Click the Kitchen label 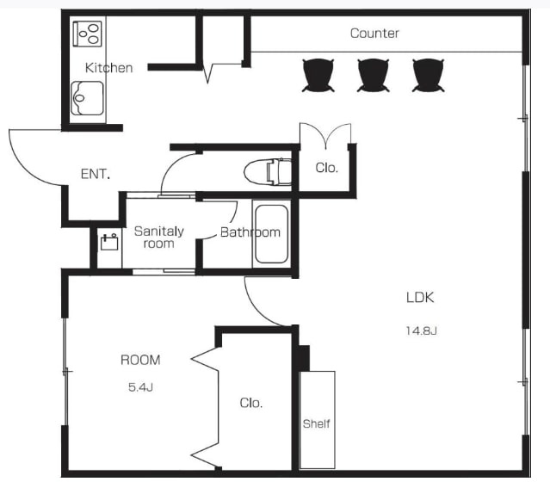(109, 68)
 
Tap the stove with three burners (87, 34)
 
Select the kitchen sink (87, 98)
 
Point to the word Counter (374, 34)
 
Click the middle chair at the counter (374, 75)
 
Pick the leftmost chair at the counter (318, 75)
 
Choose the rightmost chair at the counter (429, 75)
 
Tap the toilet (268, 172)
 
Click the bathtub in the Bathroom (271, 234)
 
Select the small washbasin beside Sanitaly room (109, 242)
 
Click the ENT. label (96, 174)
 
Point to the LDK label (420, 298)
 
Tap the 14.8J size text (421, 330)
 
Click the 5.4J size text (140, 387)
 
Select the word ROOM (140, 360)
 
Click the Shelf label (317, 423)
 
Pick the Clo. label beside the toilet (326, 168)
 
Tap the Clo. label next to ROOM (251, 403)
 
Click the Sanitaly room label (159, 238)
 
